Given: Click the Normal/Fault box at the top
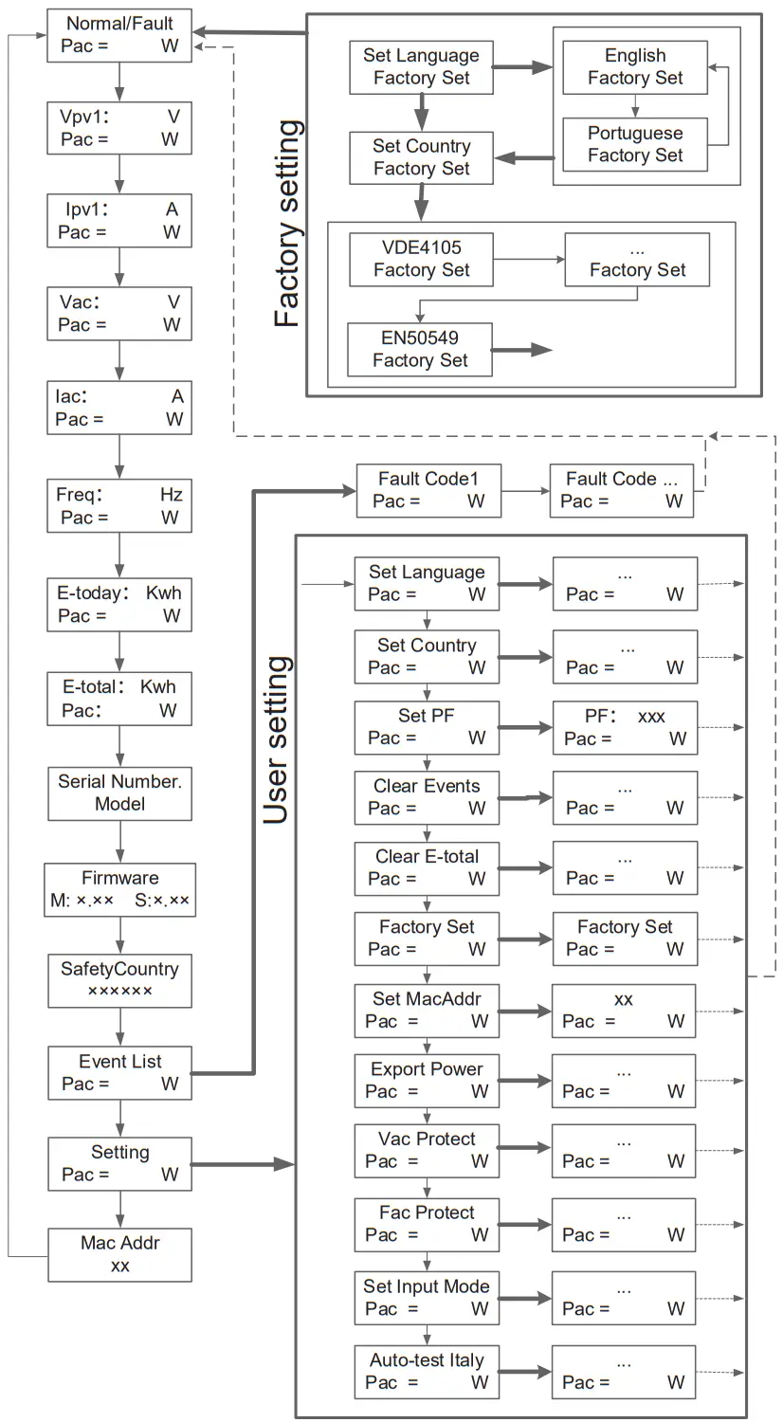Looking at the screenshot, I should coord(119,35).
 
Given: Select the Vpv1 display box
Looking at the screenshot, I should coord(119,128).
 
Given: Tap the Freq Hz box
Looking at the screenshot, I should coord(119,506).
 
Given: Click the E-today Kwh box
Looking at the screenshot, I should coord(119,605).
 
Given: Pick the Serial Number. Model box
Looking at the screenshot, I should coord(119,793).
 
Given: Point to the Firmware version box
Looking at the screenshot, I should coord(119,889).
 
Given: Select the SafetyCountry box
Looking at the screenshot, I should coord(119,980).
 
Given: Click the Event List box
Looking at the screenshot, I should coord(119,1073).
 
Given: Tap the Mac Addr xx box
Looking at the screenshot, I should coord(119,1255).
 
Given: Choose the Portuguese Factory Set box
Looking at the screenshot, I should coord(635,144).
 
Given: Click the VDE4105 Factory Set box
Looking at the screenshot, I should coord(421,259).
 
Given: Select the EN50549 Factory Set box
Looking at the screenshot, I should coord(420,349).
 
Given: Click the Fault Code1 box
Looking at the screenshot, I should coord(428,490).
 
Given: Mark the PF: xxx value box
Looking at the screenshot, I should coord(625,728).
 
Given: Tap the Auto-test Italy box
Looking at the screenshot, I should coord(427,1372).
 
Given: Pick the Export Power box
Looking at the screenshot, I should coord(427,1081).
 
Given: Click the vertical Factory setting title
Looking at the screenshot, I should coord(286,224).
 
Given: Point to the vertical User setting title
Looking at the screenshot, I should coord(275,739).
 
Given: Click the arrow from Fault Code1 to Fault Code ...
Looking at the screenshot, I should coord(525,491).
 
